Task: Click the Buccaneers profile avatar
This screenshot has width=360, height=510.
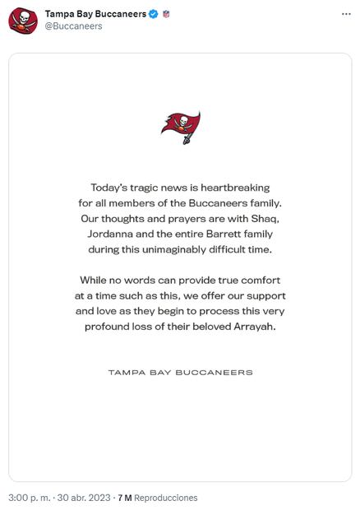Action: pos(23,20)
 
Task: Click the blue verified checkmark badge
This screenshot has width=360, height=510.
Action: pos(153,14)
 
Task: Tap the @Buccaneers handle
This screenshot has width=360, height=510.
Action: pos(73,26)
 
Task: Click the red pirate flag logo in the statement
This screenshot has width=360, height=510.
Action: pos(180,128)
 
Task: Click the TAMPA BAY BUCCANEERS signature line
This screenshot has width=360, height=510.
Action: pos(180,373)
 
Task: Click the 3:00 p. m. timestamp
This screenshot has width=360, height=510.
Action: pos(30,498)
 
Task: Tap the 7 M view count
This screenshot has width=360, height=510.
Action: pos(125,498)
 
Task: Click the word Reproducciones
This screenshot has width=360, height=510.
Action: pos(166,498)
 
